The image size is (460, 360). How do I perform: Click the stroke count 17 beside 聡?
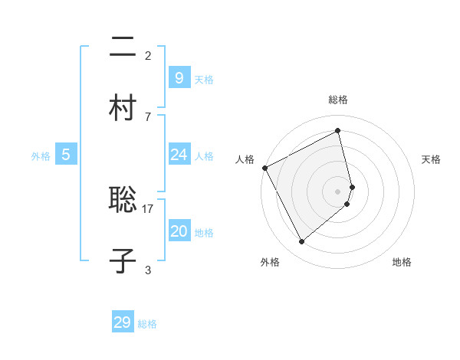pos(148,208)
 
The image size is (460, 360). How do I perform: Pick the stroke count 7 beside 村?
pos(148,116)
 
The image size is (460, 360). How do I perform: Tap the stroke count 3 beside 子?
pos(148,270)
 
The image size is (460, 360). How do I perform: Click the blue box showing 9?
pos(179,77)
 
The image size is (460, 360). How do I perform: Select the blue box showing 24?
pos(179,155)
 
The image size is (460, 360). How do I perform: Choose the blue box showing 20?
pos(179,231)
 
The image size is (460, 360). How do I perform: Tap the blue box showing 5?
pos(66,155)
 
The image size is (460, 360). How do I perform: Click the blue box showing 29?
pos(123,322)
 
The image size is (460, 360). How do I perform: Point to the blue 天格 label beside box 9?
pos(204,80)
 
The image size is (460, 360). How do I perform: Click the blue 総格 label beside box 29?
pos(148,325)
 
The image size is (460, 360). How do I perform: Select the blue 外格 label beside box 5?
pos(41,156)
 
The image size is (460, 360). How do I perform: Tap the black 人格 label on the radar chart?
pos(245,159)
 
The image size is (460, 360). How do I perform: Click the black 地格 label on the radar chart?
pos(402,262)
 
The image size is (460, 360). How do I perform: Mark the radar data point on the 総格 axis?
pos(338,131)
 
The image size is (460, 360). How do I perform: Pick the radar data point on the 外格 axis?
pos(301,242)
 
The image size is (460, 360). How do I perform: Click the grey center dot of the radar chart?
pos(338,191)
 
